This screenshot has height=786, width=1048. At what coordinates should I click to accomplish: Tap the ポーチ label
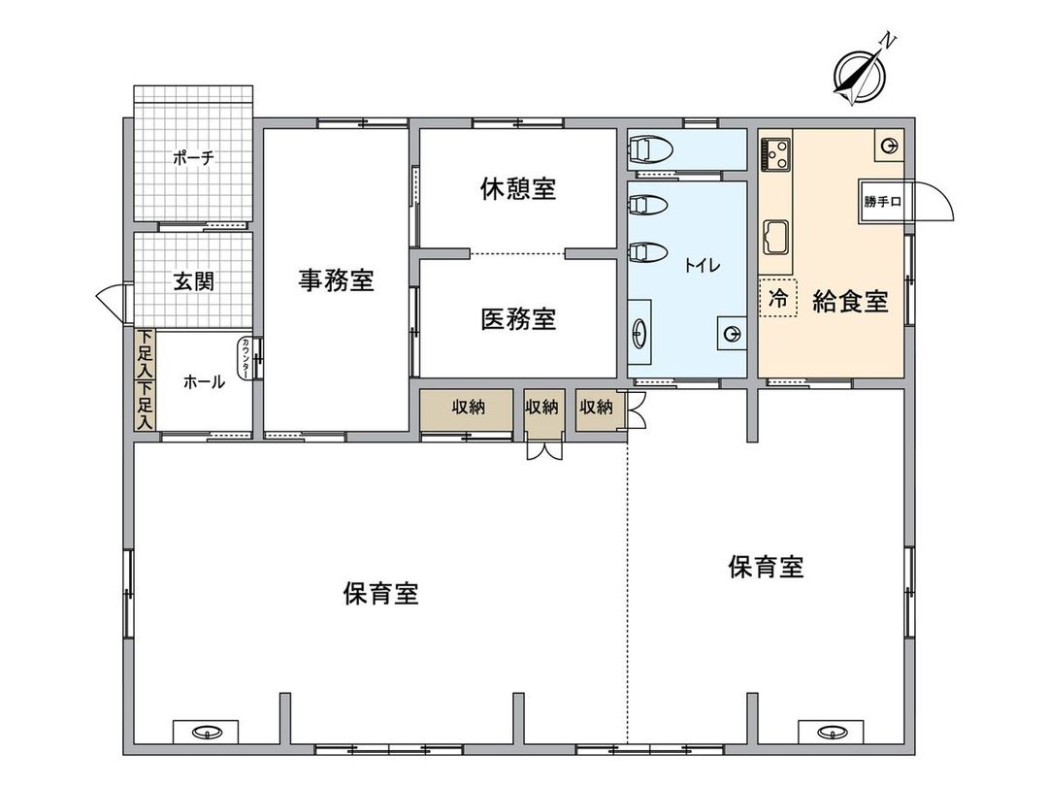[193, 157]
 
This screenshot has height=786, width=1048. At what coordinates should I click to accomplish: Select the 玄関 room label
[193, 281]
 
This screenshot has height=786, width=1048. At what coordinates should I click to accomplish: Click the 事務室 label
[336, 281]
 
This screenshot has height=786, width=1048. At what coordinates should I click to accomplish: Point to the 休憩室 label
[518, 188]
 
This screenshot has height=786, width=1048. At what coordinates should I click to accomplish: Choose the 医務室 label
[518, 318]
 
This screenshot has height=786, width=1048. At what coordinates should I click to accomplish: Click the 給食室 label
[850, 302]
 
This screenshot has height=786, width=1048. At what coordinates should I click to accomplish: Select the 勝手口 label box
[882, 202]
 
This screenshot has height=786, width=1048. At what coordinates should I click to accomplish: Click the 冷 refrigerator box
[777, 299]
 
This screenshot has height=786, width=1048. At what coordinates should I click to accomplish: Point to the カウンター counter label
[246, 358]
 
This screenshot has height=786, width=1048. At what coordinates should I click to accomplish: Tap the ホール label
[204, 382]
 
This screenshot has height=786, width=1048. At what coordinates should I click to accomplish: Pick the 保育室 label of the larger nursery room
[380, 593]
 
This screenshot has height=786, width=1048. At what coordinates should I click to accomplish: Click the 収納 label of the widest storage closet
[468, 408]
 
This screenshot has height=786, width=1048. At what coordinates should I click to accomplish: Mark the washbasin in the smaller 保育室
[831, 731]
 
